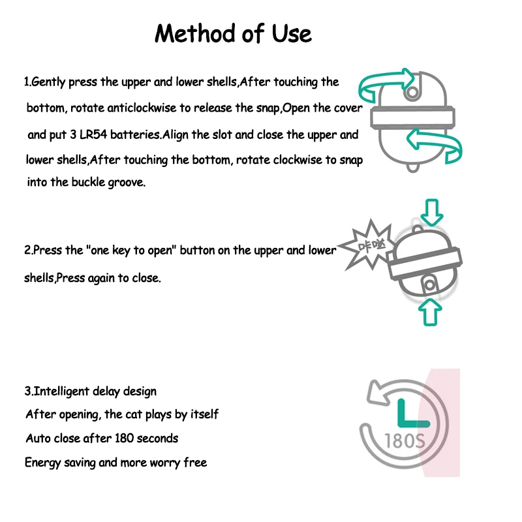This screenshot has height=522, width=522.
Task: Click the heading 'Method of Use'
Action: [233, 34]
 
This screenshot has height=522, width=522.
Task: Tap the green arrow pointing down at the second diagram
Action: [431, 211]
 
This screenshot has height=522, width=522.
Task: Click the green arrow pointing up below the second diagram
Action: [429, 312]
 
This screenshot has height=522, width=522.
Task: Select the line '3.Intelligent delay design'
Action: [91, 391]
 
